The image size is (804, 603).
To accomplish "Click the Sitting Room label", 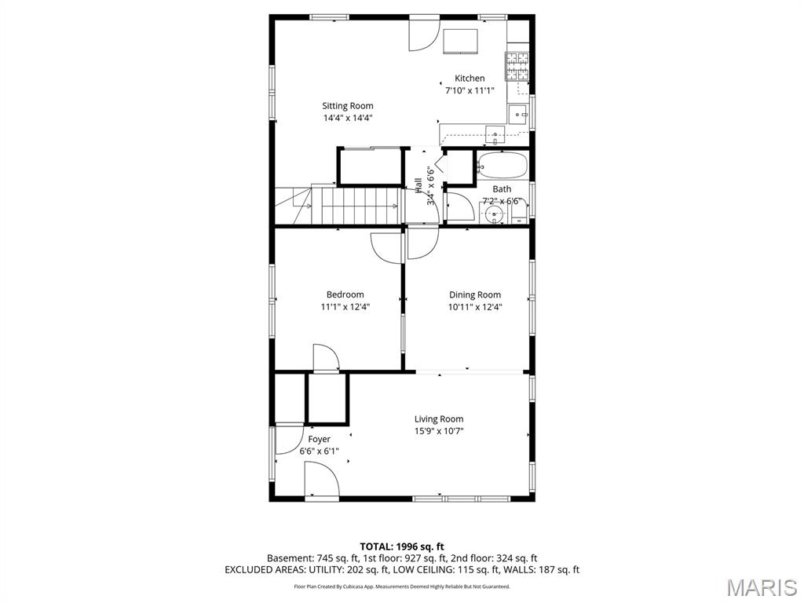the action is [x=348, y=106].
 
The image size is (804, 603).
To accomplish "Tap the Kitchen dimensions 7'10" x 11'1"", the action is [x=470, y=91].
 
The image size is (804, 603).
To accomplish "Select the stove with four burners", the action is [x=517, y=67].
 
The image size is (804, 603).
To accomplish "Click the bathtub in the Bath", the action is [x=502, y=165].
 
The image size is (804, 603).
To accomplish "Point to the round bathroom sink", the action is [x=495, y=214].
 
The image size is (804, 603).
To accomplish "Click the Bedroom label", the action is [x=345, y=295].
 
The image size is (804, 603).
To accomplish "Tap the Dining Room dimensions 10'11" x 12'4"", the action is [x=475, y=307].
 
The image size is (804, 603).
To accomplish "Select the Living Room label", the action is [x=439, y=419].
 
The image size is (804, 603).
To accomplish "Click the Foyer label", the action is [x=319, y=440].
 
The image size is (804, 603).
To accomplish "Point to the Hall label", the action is [x=418, y=185].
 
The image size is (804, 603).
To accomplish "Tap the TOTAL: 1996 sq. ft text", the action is [x=398, y=546].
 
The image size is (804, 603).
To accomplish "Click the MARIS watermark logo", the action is [x=762, y=587].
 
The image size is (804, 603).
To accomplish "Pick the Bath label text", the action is [x=502, y=189].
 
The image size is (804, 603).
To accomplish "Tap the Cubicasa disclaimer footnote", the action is [x=402, y=586].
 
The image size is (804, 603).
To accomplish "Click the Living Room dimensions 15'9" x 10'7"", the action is [x=439, y=431].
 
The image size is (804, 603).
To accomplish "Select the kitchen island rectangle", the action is [x=460, y=41].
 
